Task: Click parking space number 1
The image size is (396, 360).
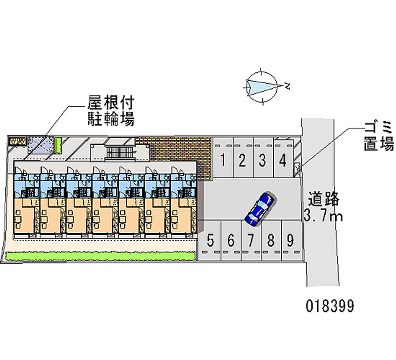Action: click(x=224, y=160)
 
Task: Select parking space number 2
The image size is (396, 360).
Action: click(x=243, y=160)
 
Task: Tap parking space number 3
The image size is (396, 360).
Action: click(x=263, y=160)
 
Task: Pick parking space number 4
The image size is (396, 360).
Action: click(x=283, y=160)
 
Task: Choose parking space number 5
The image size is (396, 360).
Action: click(x=210, y=241)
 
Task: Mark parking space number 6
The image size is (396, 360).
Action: click(x=231, y=241)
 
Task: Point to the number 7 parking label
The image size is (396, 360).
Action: click(x=251, y=241)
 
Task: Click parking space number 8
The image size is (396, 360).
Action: click(x=271, y=241)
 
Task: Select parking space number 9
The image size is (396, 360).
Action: click(x=291, y=241)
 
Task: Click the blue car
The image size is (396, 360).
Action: click(x=259, y=206)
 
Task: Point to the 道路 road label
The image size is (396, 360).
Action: click(x=324, y=199)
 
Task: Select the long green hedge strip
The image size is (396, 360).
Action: click(x=99, y=256)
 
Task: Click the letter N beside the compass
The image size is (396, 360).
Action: click(x=287, y=87)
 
